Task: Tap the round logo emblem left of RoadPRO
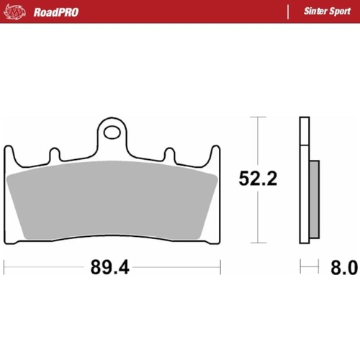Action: (22, 12)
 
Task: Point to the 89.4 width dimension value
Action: (109, 269)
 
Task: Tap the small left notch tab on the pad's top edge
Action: (54, 154)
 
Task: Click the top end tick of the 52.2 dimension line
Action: (255, 117)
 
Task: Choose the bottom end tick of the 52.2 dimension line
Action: (255, 243)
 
